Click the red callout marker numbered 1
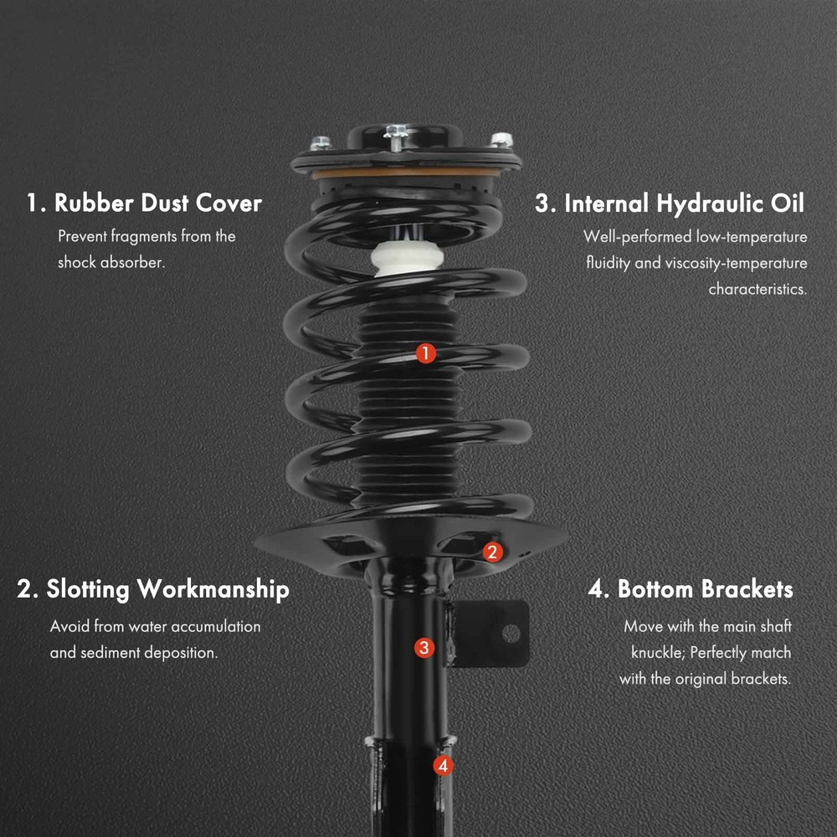click(x=425, y=353)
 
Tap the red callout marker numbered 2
click(x=492, y=552)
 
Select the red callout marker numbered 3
click(x=424, y=648)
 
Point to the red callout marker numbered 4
click(x=443, y=766)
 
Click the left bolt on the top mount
click(x=321, y=142)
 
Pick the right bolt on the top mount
click(x=501, y=140)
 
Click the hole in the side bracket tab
click(x=511, y=633)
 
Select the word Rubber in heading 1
click(x=94, y=203)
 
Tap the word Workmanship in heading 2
click(x=213, y=590)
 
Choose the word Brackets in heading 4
click(x=747, y=588)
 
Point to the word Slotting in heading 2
click(x=88, y=590)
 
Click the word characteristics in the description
click(x=757, y=289)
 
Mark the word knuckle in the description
click(x=658, y=652)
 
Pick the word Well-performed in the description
click(x=637, y=237)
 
